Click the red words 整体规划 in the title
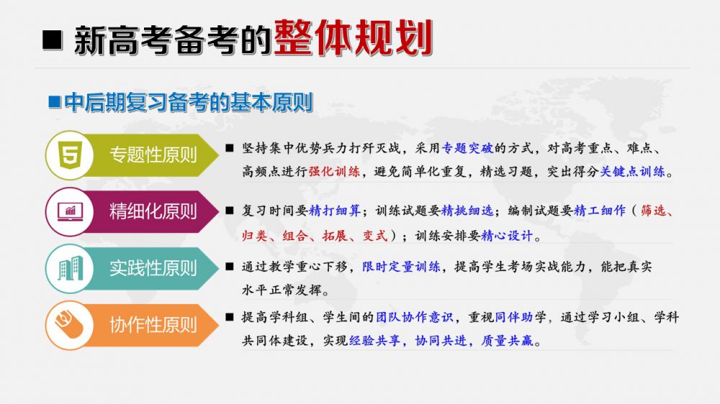point(353,38)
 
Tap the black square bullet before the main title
point(52,40)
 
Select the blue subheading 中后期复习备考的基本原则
point(188,102)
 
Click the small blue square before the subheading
point(55,101)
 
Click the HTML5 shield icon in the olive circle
point(70,155)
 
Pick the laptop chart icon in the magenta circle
point(70,212)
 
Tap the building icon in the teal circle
point(70,268)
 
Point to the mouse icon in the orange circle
point(69,323)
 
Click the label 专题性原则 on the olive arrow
point(153,155)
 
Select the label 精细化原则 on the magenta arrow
point(153,211)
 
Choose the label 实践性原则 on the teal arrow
point(153,268)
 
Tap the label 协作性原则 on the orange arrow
point(153,325)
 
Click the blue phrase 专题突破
point(467,148)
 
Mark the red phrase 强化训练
point(334,172)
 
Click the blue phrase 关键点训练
point(633,172)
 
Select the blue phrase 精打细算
point(335,211)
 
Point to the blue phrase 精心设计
point(507,236)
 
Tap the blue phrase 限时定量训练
point(401,267)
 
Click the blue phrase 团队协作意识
point(415,317)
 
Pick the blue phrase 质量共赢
point(508,340)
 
